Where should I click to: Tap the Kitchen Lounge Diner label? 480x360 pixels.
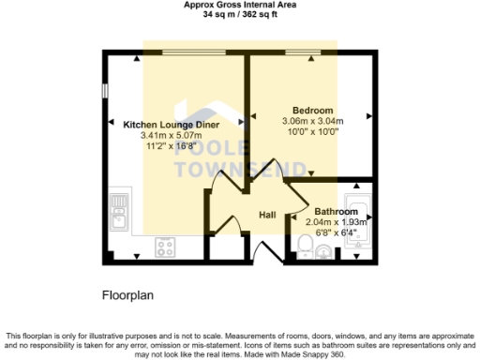[x=172, y=124]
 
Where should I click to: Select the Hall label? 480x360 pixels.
[x=267, y=216]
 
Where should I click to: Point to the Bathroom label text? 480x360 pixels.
[x=337, y=211]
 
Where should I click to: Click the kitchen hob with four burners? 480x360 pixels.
[x=165, y=247]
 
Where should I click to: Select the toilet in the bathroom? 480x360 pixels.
[x=303, y=246]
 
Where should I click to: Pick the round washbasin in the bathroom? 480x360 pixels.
[x=324, y=250]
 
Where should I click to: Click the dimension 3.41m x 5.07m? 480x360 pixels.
[x=172, y=135]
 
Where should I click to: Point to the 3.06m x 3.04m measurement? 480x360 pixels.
[x=313, y=120]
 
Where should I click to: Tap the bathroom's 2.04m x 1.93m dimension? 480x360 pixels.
[x=337, y=222]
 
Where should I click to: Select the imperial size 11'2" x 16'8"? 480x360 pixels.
[x=172, y=146]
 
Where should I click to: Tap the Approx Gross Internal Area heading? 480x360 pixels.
[x=239, y=5]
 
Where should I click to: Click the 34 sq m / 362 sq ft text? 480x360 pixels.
[x=239, y=15]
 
